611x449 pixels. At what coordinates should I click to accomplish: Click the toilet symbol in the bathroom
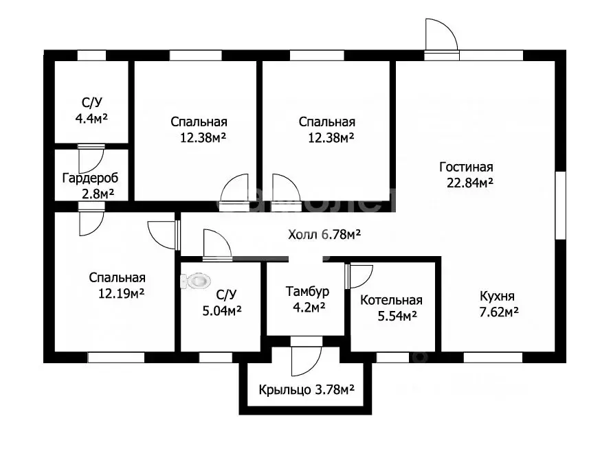[x=196, y=281]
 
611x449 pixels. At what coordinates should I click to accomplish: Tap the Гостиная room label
[x=466, y=167]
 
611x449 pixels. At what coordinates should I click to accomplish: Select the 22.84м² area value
[x=470, y=183]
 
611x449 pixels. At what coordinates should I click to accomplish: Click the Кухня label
[x=497, y=297]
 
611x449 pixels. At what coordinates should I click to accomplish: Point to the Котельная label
[x=391, y=301]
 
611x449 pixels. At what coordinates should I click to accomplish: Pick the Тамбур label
[x=307, y=291]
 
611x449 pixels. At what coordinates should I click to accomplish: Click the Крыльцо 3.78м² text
[x=307, y=389]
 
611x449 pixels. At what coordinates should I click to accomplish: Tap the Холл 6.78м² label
[x=324, y=235]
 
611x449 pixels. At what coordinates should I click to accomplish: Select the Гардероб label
[x=90, y=179]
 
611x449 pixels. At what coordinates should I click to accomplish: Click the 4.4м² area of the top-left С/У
[x=91, y=118]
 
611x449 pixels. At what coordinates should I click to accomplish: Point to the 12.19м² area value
[x=121, y=293]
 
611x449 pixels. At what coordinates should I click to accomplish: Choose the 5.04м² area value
[x=222, y=310]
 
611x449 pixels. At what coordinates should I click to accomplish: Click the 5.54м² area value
[x=397, y=316]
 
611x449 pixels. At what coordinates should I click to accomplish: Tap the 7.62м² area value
[x=499, y=312]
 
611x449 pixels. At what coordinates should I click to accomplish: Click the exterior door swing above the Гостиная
[x=441, y=35]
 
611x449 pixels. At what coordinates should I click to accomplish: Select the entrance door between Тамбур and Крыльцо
[x=307, y=356]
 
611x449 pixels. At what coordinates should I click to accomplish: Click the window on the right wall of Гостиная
[x=560, y=205]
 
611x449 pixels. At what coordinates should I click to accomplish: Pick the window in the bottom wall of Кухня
[x=493, y=357]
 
